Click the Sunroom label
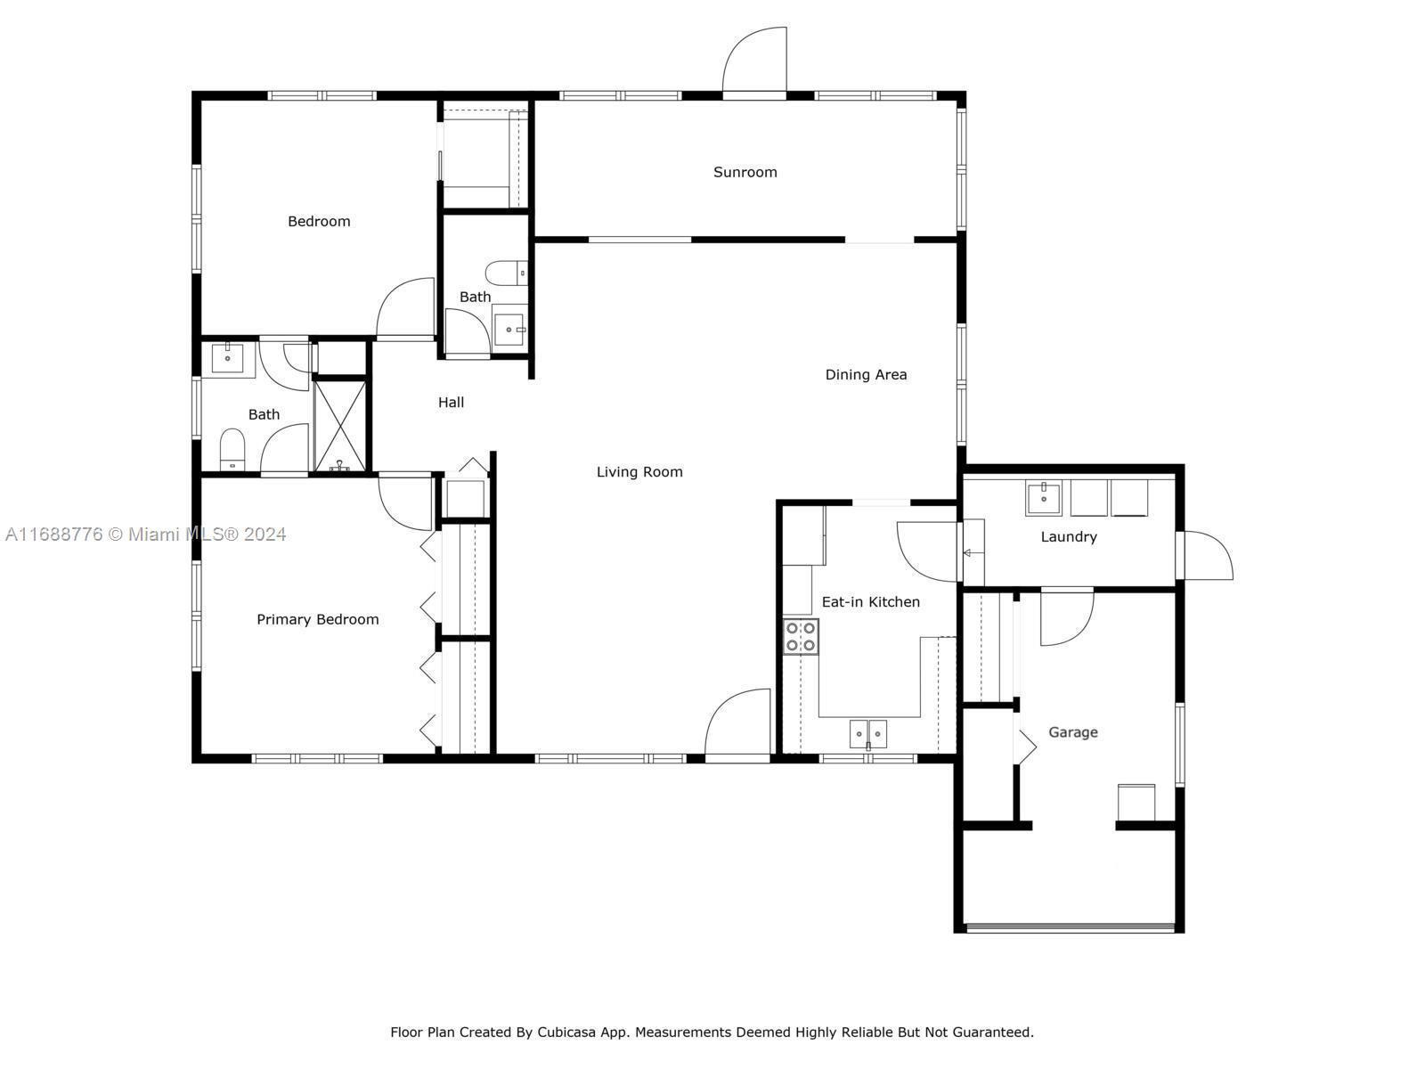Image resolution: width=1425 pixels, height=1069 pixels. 745,172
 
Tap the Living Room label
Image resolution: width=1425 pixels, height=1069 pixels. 639,472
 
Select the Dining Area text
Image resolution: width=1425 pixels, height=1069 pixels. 866,374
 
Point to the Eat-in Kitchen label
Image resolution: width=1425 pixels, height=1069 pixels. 870,601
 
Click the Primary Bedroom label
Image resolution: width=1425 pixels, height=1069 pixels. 317,619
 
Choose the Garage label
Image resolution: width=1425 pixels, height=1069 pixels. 1073,732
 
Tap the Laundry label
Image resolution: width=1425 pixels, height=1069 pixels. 1069,537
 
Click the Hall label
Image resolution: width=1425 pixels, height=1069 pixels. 451,403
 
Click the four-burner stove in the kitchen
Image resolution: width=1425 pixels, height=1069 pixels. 801,637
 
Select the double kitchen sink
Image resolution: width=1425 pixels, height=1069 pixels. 868,734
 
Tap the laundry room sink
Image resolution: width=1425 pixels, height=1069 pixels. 1043,498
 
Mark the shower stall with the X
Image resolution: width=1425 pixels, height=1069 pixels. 339,426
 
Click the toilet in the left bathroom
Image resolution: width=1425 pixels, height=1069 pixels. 232,449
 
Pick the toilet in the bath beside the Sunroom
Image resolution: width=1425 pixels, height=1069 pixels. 507,273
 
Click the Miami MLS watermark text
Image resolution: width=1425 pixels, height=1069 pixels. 145,534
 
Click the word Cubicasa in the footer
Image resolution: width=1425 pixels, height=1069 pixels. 566,1032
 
